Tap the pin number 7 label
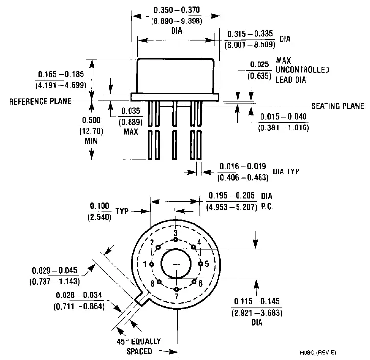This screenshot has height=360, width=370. [176, 296]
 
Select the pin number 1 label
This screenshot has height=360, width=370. [145, 264]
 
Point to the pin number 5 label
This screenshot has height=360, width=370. [207, 264]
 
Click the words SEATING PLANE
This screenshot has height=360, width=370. [338, 106]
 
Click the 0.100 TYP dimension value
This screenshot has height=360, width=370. [100, 206]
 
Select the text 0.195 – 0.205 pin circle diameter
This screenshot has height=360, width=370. [232, 196]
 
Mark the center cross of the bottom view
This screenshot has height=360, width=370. [176, 264]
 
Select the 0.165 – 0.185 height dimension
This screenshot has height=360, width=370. [61, 74]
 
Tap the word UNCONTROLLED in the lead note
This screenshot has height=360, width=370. [303, 70]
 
